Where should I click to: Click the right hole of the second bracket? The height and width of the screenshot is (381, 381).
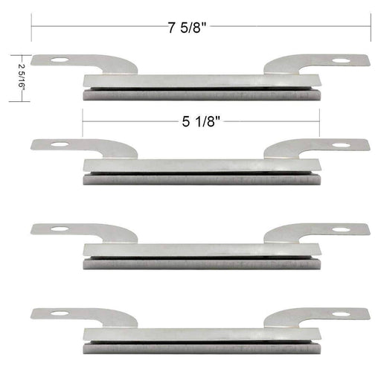pos(339,144)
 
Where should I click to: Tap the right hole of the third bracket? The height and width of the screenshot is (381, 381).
pos(339,228)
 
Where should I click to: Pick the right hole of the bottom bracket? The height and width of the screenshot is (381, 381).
pos(339,313)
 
